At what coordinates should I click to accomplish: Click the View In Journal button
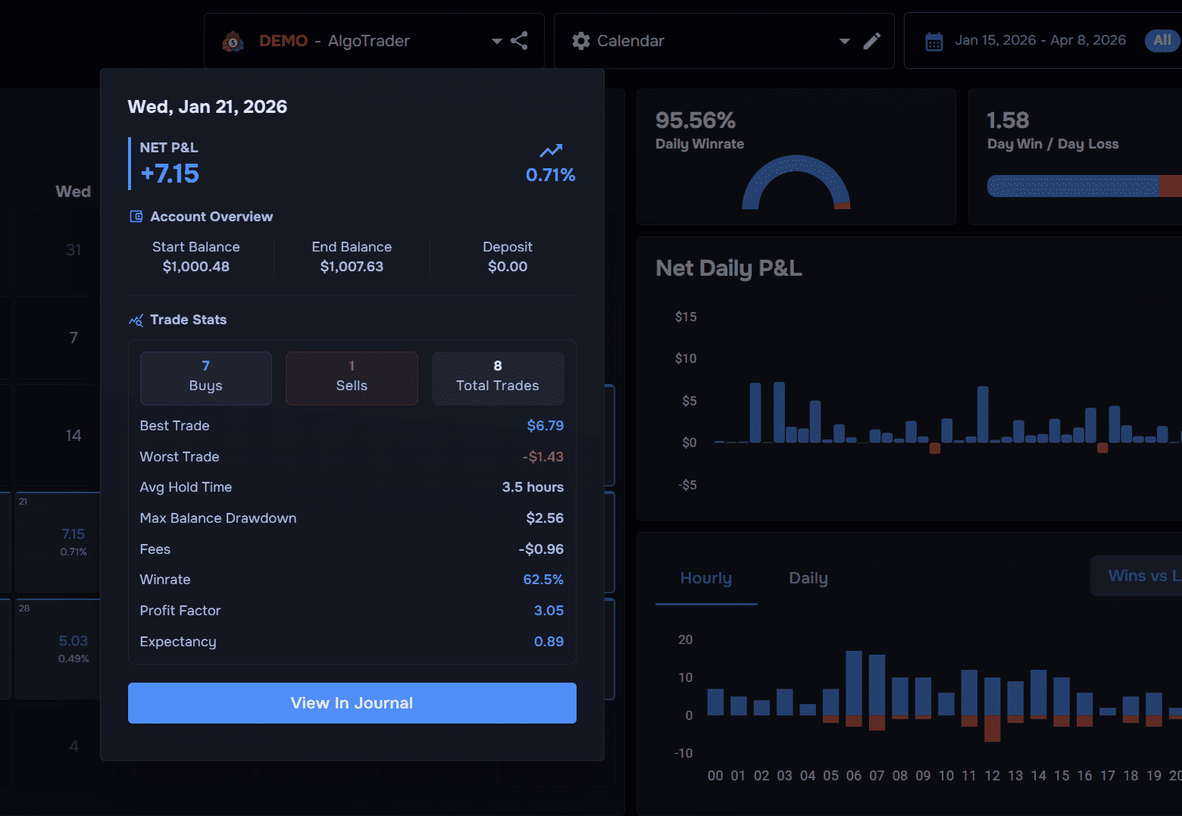pos(352,703)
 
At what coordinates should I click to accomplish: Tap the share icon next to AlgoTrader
pos(519,41)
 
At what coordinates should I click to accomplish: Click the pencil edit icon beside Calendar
pos(871,41)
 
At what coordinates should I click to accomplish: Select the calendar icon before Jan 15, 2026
pos(933,42)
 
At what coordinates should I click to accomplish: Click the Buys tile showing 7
pos(205,377)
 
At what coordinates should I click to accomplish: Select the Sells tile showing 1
pos(352,377)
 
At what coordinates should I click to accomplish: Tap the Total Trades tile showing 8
pos(497,377)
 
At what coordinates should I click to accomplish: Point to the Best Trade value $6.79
pos(545,426)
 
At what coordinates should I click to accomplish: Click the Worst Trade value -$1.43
pos(543,457)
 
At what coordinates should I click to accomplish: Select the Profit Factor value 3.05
pos(549,611)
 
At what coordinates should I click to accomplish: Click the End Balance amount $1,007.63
pos(352,267)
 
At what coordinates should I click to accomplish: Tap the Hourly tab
pos(705,579)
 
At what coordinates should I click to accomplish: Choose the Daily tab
pos(808,579)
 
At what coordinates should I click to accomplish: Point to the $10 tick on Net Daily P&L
pos(686,358)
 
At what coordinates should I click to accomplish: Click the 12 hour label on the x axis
pos(992,776)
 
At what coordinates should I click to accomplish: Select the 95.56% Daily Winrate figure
pos(695,120)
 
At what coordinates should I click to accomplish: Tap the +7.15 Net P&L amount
pos(170,174)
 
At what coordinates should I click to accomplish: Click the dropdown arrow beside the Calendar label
pos(844,42)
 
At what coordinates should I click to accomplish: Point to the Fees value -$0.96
pos(541,549)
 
